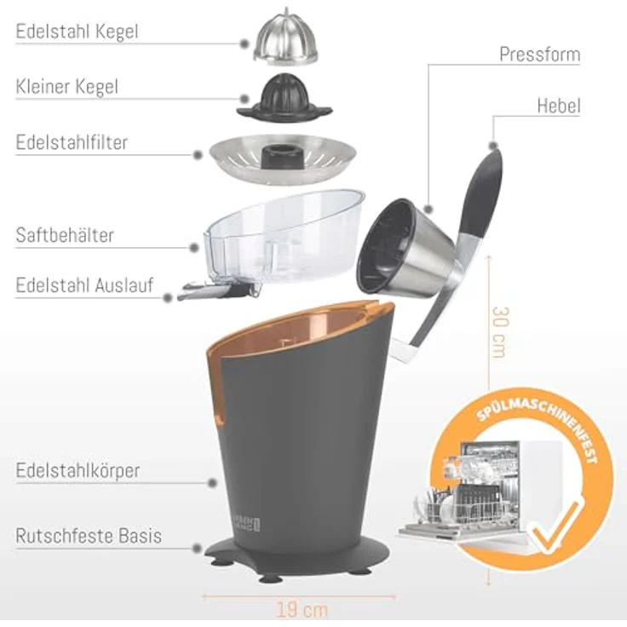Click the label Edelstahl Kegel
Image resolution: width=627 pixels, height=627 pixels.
(x=77, y=32)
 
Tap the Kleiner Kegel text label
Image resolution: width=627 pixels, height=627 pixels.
(x=66, y=87)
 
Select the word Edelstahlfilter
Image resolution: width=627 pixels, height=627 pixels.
(x=72, y=142)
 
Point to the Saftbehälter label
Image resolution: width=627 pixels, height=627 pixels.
(x=65, y=235)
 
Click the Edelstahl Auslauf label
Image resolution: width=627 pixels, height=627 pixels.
(x=84, y=285)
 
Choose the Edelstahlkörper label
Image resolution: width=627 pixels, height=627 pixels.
(x=78, y=470)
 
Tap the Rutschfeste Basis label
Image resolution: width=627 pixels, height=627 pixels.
(x=89, y=536)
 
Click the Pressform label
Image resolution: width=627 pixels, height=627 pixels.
(x=539, y=55)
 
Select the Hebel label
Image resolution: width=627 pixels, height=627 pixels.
(x=558, y=106)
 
